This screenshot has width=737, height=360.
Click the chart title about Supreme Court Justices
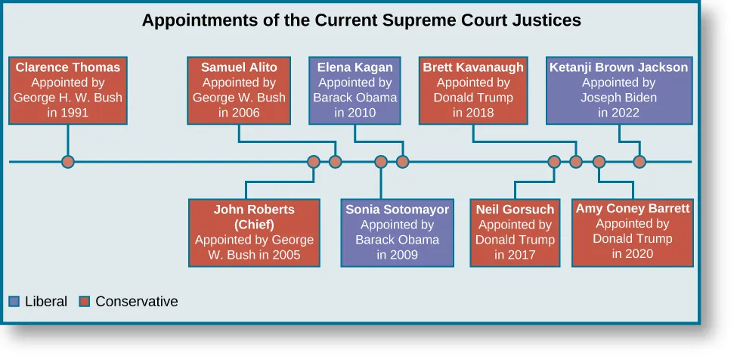click(x=361, y=20)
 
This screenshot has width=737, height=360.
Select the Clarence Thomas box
click(x=68, y=90)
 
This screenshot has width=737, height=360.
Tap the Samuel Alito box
click(x=239, y=90)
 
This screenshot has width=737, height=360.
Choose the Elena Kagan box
click(x=355, y=90)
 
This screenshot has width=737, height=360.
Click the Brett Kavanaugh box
click(x=473, y=90)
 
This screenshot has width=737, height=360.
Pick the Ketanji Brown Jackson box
click(x=619, y=90)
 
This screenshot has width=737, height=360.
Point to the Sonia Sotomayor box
click(x=397, y=232)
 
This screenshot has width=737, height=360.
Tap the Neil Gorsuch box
click(x=515, y=232)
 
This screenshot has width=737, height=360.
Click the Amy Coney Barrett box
click(x=633, y=231)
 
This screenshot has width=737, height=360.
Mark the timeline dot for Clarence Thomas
click(x=68, y=162)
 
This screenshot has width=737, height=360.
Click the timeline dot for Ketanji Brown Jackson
click(x=639, y=162)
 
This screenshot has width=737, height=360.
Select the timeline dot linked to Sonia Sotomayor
click(x=381, y=162)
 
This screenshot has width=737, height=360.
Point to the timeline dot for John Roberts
click(x=314, y=162)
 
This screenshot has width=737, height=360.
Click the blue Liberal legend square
click(x=14, y=302)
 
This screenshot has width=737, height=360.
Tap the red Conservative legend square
click(x=85, y=302)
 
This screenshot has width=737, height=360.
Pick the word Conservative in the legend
click(x=137, y=302)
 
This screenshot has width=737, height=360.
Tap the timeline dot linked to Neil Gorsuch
click(x=554, y=162)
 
